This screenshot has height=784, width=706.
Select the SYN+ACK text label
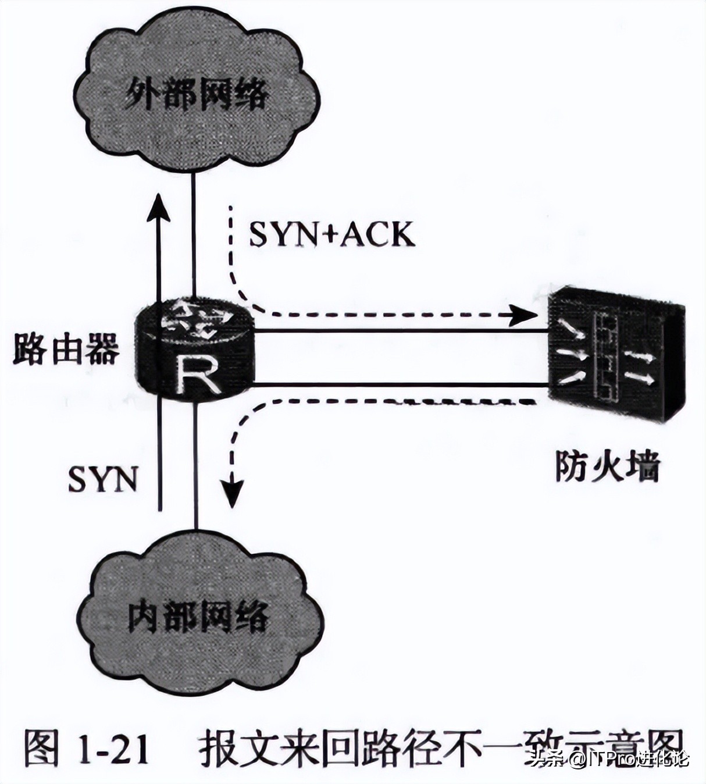332,235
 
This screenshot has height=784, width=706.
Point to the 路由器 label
66,349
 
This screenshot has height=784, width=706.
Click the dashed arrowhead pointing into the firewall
523,316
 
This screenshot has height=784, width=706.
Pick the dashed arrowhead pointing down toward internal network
233,491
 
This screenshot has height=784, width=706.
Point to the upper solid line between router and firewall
401,331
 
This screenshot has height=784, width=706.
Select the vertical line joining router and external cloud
193,233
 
